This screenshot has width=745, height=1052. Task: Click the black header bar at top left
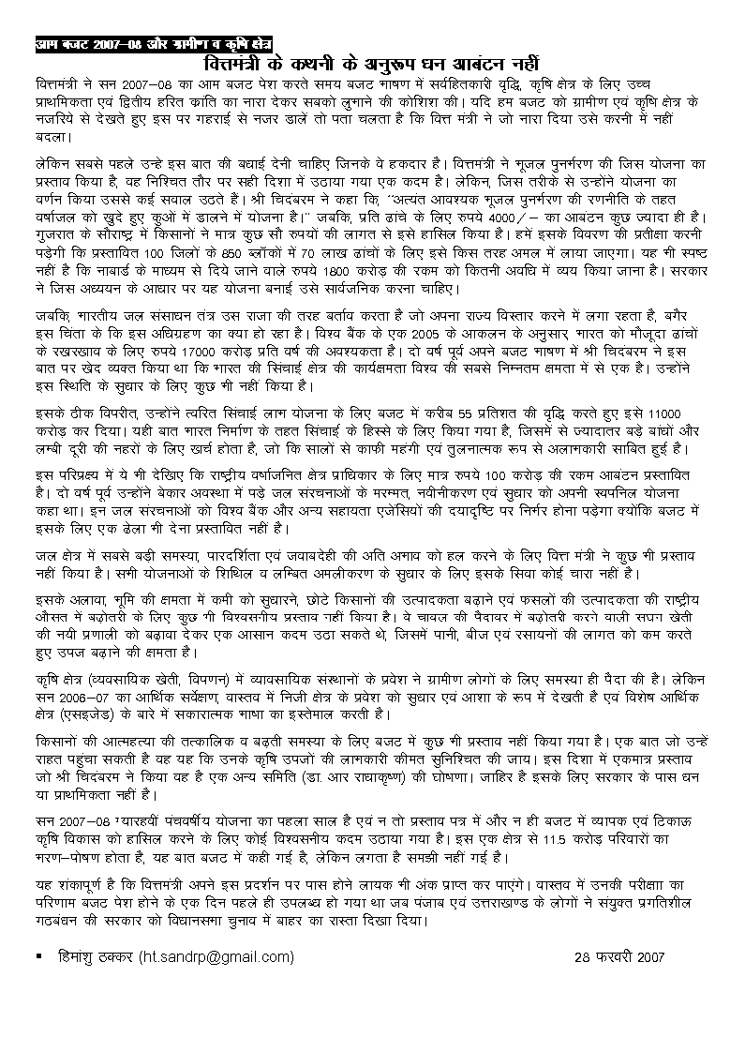click(x=160, y=42)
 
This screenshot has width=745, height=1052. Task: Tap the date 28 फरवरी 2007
click(x=619, y=957)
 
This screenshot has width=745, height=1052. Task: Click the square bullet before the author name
click(x=37, y=955)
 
